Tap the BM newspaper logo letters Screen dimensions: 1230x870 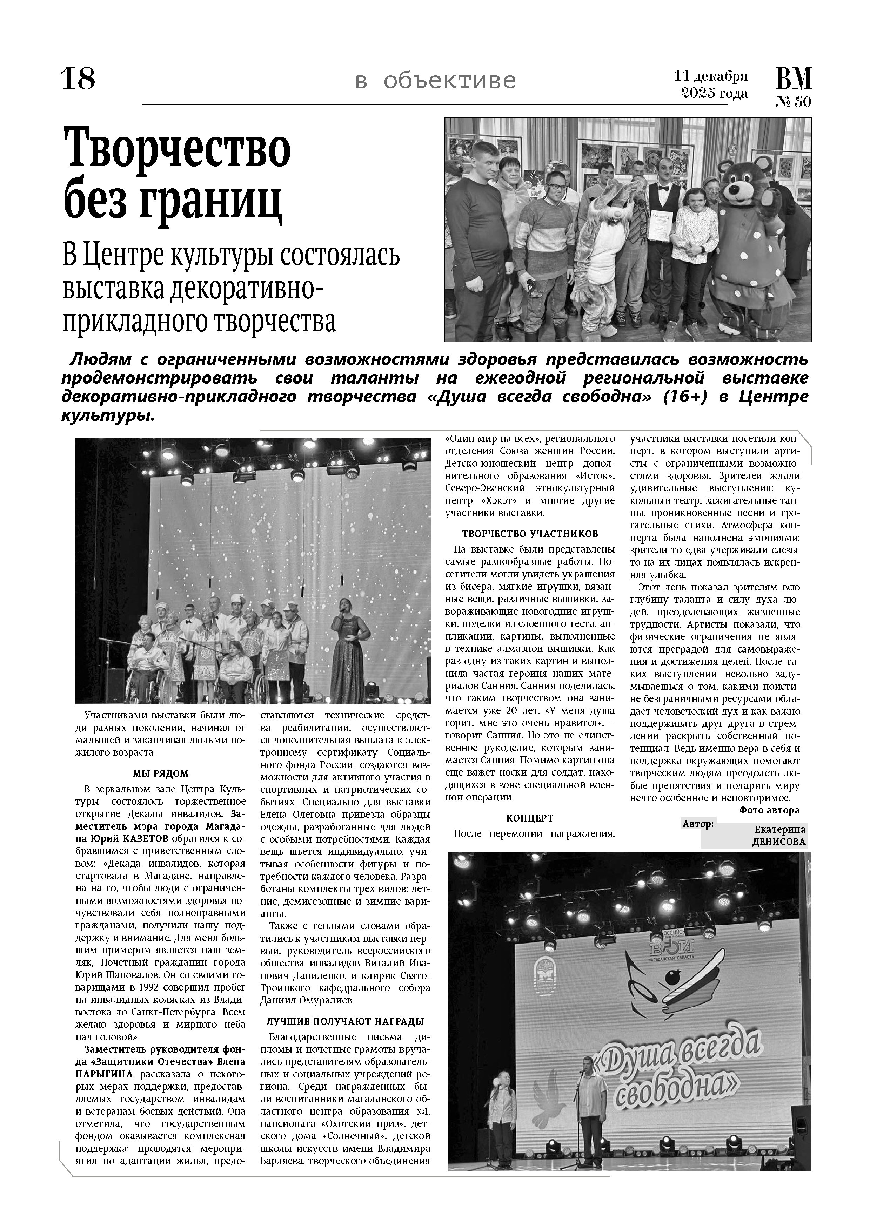coord(793,79)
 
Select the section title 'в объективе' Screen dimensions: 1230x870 coord(435,81)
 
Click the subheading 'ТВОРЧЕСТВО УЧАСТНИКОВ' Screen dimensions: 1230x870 coord(530,534)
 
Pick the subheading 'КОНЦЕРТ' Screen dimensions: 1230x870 coord(530,818)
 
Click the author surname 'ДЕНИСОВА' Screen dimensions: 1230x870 coord(778,842)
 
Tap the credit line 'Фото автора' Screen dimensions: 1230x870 coord(769,810)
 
